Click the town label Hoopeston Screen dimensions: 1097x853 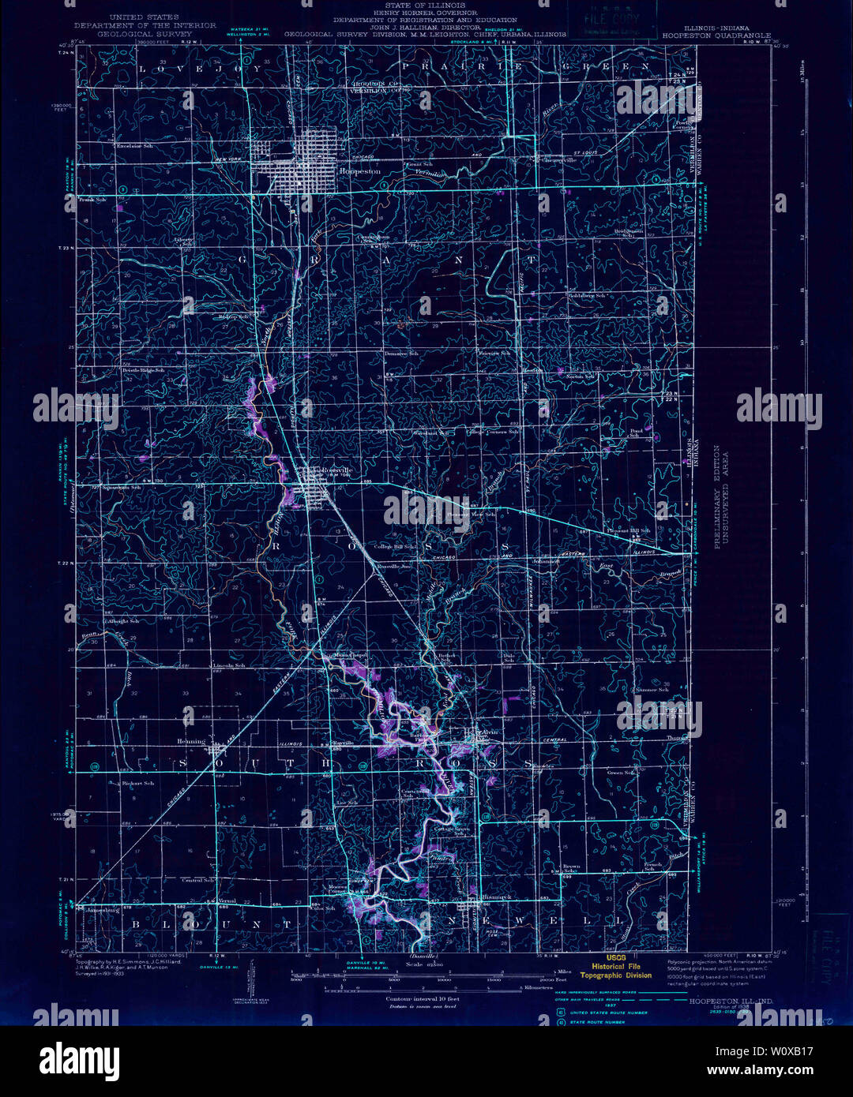click(359, 170)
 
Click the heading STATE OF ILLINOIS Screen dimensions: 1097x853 click(426, 6)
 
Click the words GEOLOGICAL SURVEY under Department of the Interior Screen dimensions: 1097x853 click(145, 35)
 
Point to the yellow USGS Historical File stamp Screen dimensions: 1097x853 click(617, 966)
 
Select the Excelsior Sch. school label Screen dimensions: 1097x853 click(133, 147)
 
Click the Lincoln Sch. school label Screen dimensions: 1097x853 click(229, 665)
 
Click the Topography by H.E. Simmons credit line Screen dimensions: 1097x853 click(129, 962)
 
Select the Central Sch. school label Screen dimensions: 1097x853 click(198, 880)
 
